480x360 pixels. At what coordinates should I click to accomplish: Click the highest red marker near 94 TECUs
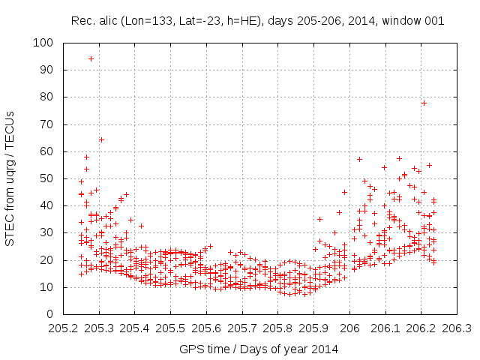(x=91, y=58)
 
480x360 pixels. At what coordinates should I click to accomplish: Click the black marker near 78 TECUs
(x=424, y=103)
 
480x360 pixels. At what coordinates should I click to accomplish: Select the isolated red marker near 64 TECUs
(x=101, y=139)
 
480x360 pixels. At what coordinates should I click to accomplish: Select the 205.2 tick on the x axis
(x=63, y=314)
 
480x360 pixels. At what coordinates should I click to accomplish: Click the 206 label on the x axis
(x=349, y=328)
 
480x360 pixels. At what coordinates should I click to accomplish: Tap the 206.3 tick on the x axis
(x=457, y=314)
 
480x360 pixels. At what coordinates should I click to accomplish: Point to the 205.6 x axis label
(x=206, y=328)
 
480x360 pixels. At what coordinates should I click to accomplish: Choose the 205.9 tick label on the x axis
(x=313, y=328)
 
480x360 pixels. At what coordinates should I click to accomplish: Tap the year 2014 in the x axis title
(x=324, y=349)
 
